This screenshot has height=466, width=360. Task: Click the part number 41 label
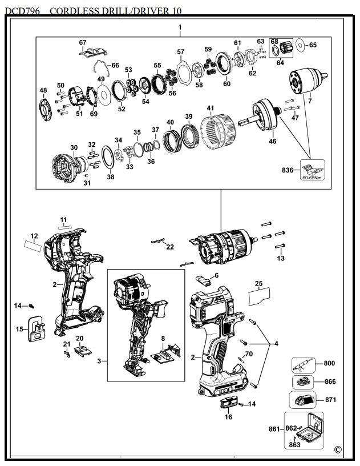click(x=211, y=108)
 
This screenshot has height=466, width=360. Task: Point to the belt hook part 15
click(x=37, y=328)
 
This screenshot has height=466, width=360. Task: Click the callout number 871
click(x=330, y=400)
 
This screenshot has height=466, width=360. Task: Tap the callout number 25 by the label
click(x=258, y=284)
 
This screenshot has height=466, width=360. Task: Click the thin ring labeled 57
click(x=183, y=73)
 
